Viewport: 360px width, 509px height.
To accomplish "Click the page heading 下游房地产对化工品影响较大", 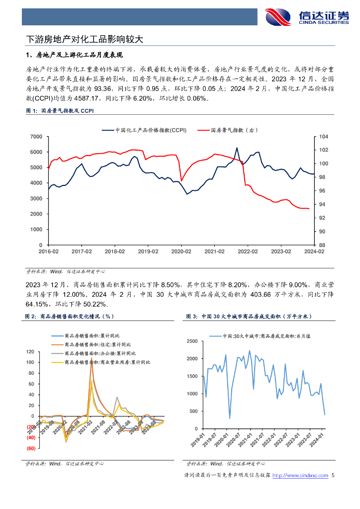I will (85, 39).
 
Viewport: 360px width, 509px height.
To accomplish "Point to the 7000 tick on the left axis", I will (35, 136).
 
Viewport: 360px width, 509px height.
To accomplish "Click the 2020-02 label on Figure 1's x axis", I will (181, 252).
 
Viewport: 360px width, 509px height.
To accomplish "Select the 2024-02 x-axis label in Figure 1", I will (314, 252).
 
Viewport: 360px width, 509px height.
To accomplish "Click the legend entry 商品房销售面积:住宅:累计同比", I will (97, 344).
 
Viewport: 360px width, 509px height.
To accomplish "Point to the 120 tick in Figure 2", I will (30, 352).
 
